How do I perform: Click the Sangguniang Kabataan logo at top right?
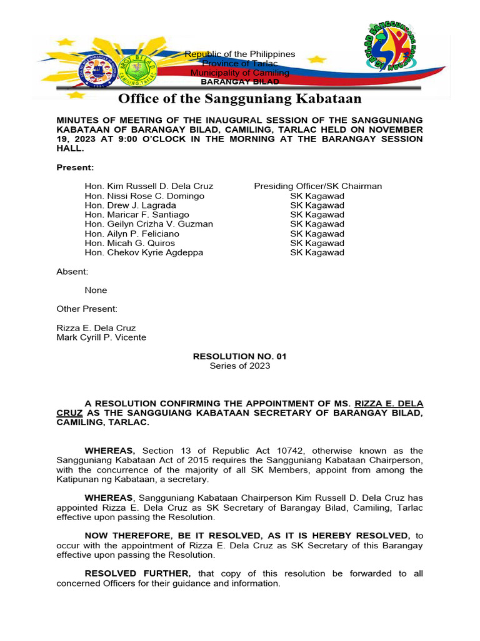tap(391, 46)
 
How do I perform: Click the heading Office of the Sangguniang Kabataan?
tap(240, 99)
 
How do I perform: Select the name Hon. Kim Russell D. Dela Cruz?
tap(149, 186)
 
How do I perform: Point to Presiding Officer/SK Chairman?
tap(317, 186)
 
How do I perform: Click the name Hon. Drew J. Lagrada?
tap(127, 205)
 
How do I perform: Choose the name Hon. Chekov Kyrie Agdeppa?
tap(144, 252)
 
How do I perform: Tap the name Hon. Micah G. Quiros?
tap(130, 243)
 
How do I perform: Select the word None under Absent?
tap(96, 290)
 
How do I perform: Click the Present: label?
tap(75, 167)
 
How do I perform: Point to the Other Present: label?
tap(86, 309)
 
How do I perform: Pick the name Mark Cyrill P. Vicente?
tap(101, 337)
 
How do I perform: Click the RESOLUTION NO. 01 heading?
tap(239, 356)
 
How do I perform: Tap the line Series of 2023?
tap(239, 366)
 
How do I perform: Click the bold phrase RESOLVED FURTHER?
tap(138, 573)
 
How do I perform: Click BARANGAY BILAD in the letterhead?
tap(240, 82)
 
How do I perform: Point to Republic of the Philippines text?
tap(240, 54)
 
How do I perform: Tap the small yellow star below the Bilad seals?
tap(76, 95)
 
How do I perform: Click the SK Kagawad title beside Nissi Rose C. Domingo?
tap(317, 196)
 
